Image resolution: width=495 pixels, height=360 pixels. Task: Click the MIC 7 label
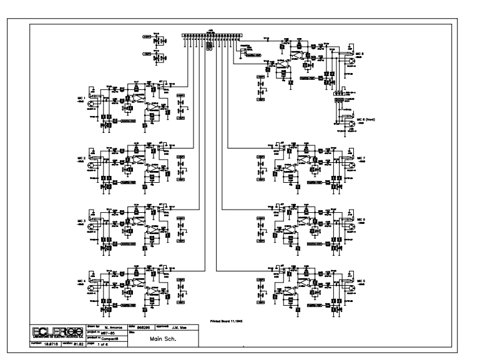click(x=361, y=158)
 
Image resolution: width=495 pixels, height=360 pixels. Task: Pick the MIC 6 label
click(x=361, y=220)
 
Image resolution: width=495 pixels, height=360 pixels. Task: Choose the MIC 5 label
click(x=361, y=282)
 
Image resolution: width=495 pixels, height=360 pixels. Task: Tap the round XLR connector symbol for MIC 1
click(x=93, y=98)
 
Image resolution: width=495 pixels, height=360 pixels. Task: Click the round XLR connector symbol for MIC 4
click(x=93, y=284)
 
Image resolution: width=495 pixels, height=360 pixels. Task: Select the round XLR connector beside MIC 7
click(x=350, y=160)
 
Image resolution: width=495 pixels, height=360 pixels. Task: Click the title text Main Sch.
click(x=154, y=339)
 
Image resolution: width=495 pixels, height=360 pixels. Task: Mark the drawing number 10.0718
click(x=52, y=343)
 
